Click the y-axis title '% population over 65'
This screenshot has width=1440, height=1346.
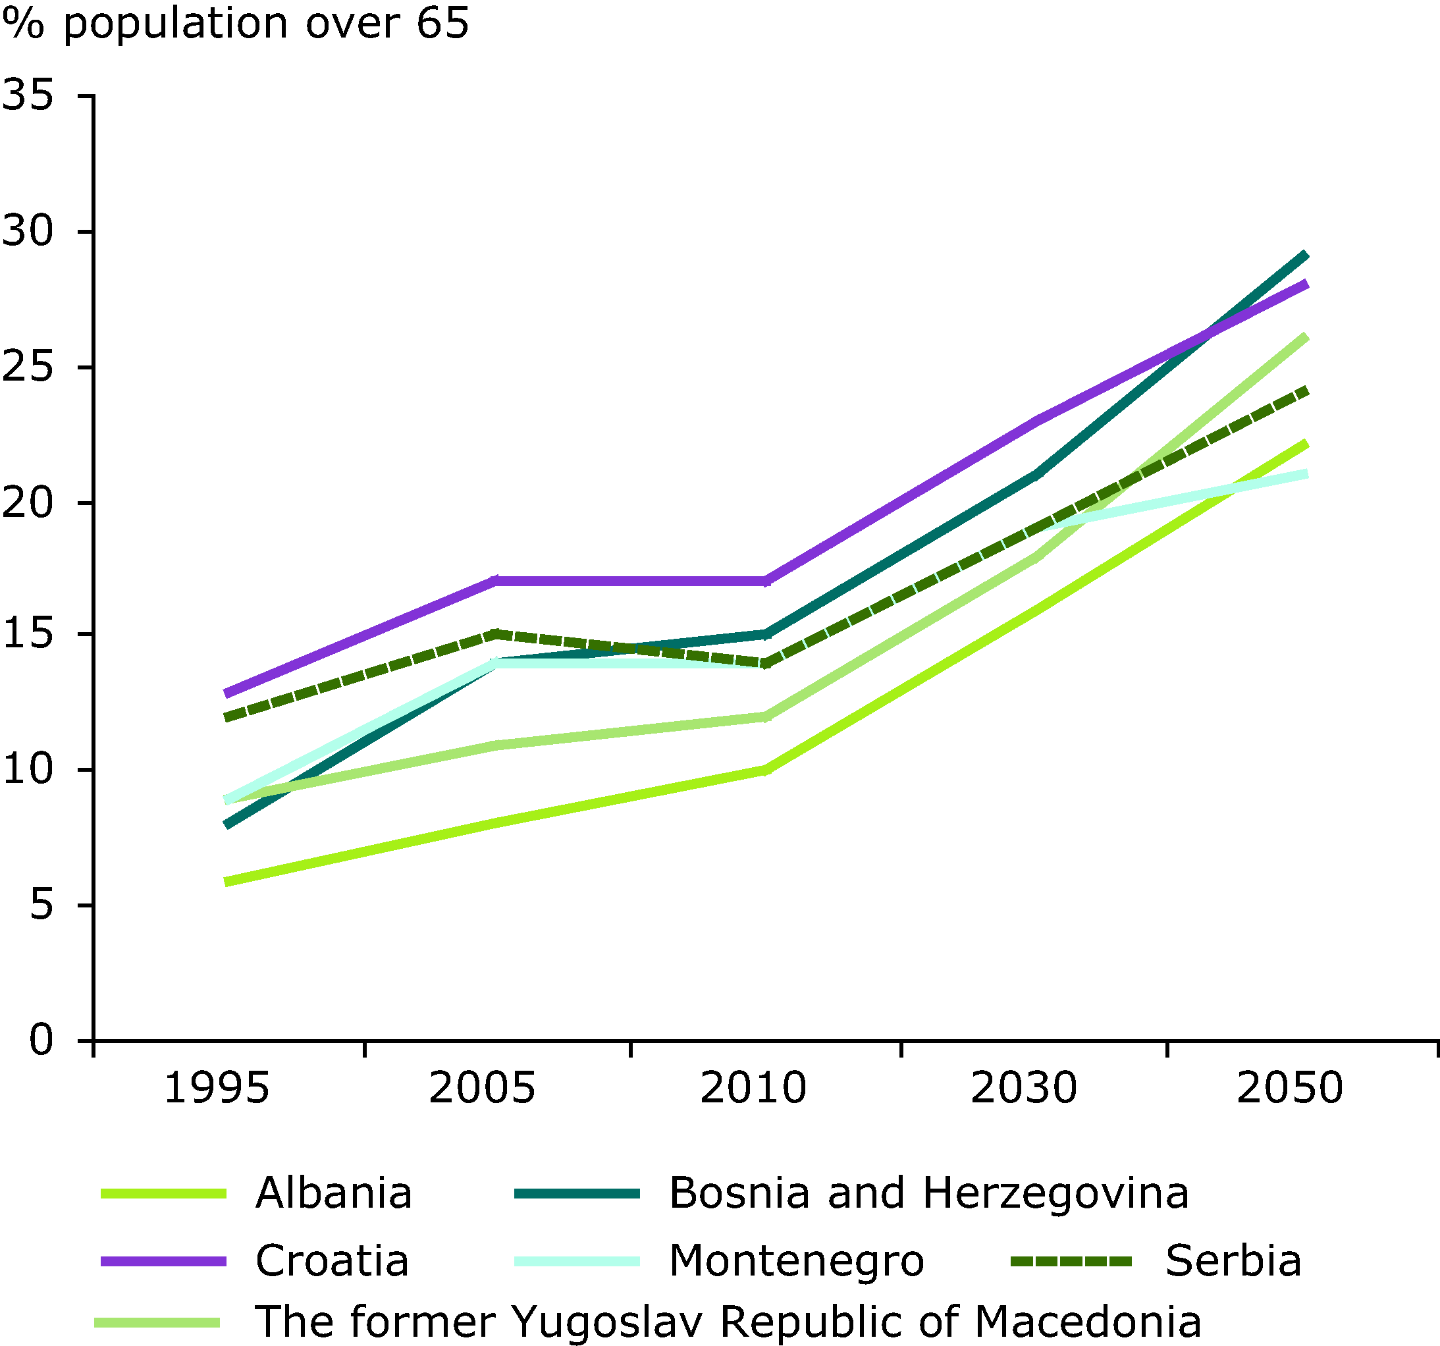coord(236,24)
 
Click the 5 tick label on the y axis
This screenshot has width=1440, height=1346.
coord(42,905)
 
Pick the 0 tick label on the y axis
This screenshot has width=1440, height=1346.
coord(42,1040)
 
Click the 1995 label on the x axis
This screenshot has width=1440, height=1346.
coord(217,1089)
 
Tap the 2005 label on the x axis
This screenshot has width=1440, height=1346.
coord(482,1089)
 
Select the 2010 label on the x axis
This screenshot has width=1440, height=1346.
coord(753,1089)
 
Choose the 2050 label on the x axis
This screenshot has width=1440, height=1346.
coord(1290,1089)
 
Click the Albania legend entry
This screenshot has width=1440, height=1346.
coord(333,1193)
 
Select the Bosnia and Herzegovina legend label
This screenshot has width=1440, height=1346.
coord(928,1193)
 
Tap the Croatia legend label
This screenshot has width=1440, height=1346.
coord(333,1260)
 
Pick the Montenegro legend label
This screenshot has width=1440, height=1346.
coord(797,1260)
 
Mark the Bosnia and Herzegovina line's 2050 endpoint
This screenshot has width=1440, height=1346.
coord(1305,255)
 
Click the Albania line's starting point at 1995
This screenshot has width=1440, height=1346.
coord(227,882)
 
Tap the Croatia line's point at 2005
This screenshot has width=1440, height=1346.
coord(495,580)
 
